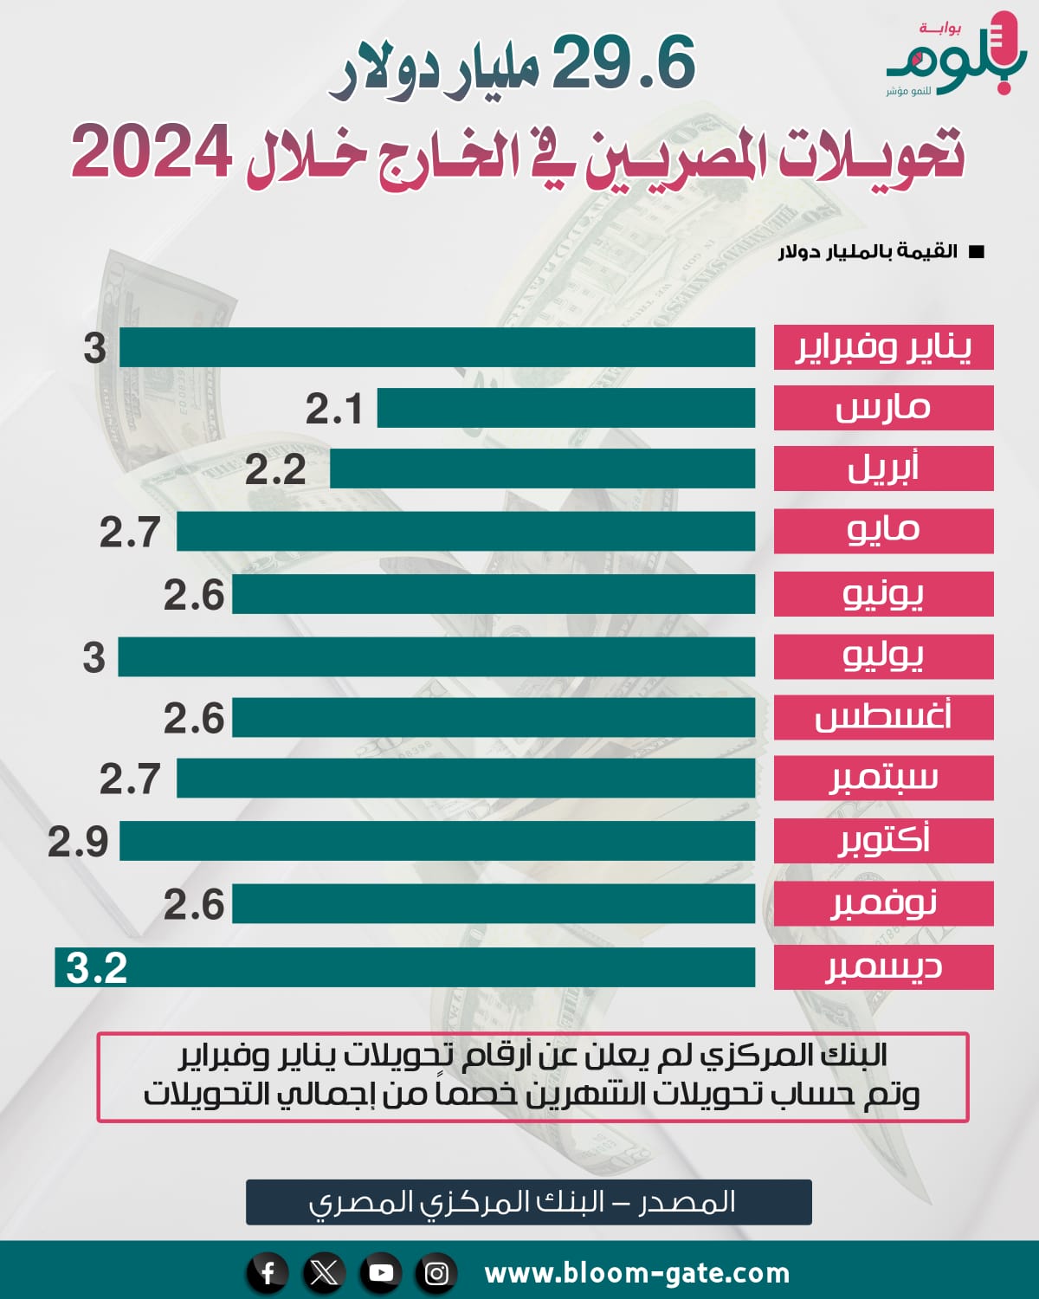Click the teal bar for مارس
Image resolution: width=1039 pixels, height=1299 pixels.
click(x=565, y=408)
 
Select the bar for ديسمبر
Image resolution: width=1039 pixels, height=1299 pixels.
click(x=433, y=967)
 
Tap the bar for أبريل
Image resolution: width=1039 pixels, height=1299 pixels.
click(x=542, y=469)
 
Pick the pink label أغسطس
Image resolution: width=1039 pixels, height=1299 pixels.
click(x=883, y=718)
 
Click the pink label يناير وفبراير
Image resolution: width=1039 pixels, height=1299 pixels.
click(x=883, y=347)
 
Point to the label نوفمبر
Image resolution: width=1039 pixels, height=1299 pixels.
click(x=883, y=903)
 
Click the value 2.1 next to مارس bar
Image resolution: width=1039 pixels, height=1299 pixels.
click(x=334, y=409)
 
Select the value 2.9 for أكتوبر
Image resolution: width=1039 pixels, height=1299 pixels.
click(x=78, y=842)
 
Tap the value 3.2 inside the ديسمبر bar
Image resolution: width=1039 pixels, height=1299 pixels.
click(x=97, y=967)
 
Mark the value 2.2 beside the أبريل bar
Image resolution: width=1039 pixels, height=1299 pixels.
click(x=275, y=470)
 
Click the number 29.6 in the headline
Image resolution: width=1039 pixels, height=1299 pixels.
click(x=623, y=63)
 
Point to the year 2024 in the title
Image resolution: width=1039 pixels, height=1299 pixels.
click(x=152, y=152)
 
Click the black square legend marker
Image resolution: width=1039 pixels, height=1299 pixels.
click(x=977, y=252)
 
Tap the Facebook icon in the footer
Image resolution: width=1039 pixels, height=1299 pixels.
click(x=268, y=1273)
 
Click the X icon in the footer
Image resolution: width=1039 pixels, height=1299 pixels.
click(x=324, y=1273)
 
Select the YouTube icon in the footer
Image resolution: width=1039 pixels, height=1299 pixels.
click(x=380, y=1273)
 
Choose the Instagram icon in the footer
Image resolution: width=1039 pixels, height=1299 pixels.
click(x=436, y=1273)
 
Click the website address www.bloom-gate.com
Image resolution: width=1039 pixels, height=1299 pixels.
click(x=637, y=1273)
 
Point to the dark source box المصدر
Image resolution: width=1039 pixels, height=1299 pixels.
click(x=528, y=1202)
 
